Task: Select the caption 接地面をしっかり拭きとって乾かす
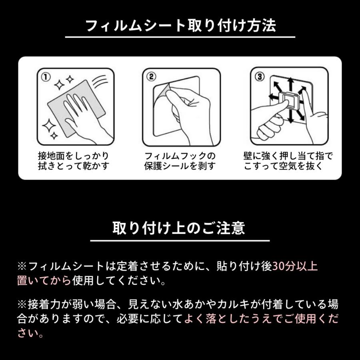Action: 72,160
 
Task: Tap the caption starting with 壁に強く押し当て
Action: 288,160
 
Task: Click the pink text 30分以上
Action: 295,266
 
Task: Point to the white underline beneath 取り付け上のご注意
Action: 180,241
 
